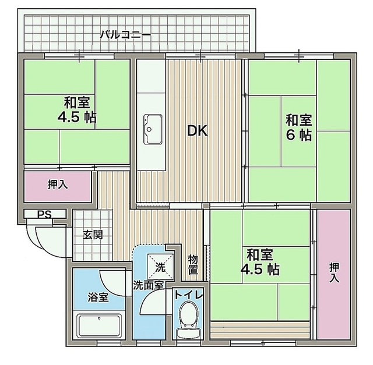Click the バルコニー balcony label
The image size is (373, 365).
[x=125, y=35]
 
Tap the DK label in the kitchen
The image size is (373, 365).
[x=197, y=131]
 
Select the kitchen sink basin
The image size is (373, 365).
[x=153, y=129]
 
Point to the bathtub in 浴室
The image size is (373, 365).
[x=99, y=325]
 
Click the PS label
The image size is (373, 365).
[x=44, y=215]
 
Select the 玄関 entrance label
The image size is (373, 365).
[x=93, y=235]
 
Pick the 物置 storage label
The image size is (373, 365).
[x=193, y=264]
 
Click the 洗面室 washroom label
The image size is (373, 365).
[x=148, y=285]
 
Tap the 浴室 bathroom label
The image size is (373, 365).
[x=98, y=297]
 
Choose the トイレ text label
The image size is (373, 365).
[x=189, y=295]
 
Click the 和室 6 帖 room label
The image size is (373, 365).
[x=298, y=127]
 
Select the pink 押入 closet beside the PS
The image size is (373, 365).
[x=58, y=186]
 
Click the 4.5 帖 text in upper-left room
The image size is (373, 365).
[x=76, y=117]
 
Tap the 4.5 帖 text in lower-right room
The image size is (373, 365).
[x=260, y=270]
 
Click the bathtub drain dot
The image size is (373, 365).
[x=99, y=318]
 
